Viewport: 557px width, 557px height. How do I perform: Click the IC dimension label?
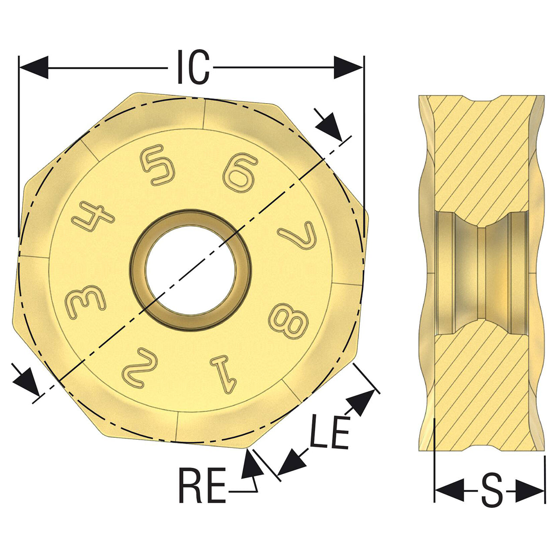point(193,67)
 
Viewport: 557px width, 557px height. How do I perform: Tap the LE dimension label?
point(329,432)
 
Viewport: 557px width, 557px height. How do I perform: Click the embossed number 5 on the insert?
point(158,165)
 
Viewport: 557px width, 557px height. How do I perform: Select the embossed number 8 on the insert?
point(289,321)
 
